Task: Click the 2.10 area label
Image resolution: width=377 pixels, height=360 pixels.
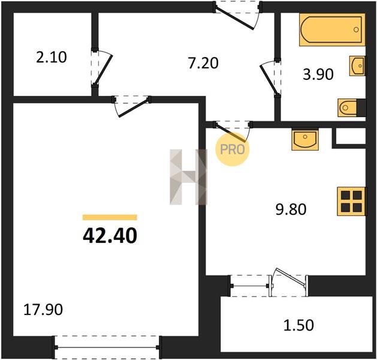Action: pyautogui.click(x=51, y=58)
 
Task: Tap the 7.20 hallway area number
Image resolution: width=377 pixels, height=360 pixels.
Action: pyautogui.click(x=203, y=64)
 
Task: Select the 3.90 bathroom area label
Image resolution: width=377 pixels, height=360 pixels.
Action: pyautogui.click(x=318, y=74)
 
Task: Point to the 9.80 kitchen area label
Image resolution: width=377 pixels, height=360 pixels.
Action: pyautogui.click(x=291, y=209)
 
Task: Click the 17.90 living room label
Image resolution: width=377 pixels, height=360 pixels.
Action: pyautogui.click(x=43, y=310)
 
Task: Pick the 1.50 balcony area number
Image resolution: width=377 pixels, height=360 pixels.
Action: pyautogui.click(x=298, y=325)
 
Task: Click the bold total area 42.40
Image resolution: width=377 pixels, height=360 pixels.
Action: pyautogui.click(x=110, y=235)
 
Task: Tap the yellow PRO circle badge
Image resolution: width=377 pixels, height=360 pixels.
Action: pyautogui.click(x=233, y=149)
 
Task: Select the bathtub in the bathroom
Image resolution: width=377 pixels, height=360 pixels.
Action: pyautogui.click(x=332, y=29)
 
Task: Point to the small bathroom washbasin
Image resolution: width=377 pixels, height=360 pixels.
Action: pyautogui.click(x=357, y=66)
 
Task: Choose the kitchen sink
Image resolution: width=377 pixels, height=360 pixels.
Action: pyautogui.click(x=305, y=140)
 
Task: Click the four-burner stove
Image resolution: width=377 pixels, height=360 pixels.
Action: pyautogui.click(x=351, y=201)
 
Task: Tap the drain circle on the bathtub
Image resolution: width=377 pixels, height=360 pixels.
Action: pyautogui.click(x=356, y=29)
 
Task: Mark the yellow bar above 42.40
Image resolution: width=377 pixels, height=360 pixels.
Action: pyautogui.click(x=110, y=217)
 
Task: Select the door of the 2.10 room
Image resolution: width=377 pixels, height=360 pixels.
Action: pyautogui.click(x=101, y=67)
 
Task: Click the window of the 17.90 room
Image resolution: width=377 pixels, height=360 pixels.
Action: pyautogui.click(x=107, y=347)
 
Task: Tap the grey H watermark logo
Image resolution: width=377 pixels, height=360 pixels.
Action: pyautogui.click(x=188, y=177)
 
